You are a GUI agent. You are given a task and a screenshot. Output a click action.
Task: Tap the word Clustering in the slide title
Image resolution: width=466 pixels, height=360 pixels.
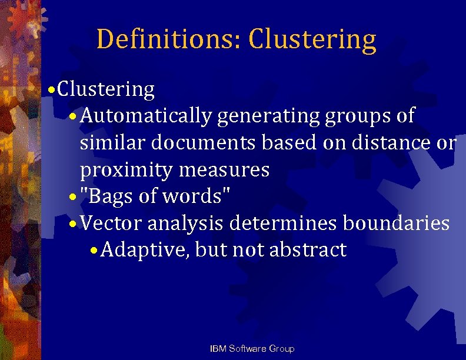[312, 39]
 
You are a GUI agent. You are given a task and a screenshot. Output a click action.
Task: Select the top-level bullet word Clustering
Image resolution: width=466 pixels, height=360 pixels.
[106, 90]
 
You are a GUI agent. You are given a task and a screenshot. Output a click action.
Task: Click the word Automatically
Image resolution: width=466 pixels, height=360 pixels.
[145, 116]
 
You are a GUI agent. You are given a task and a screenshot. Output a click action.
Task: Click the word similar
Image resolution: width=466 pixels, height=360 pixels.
[113, 143]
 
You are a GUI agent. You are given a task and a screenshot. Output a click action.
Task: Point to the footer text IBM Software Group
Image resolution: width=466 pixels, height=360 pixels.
[252, 349]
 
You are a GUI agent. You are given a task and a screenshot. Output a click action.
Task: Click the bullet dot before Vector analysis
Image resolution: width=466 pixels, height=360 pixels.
[72, 224]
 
